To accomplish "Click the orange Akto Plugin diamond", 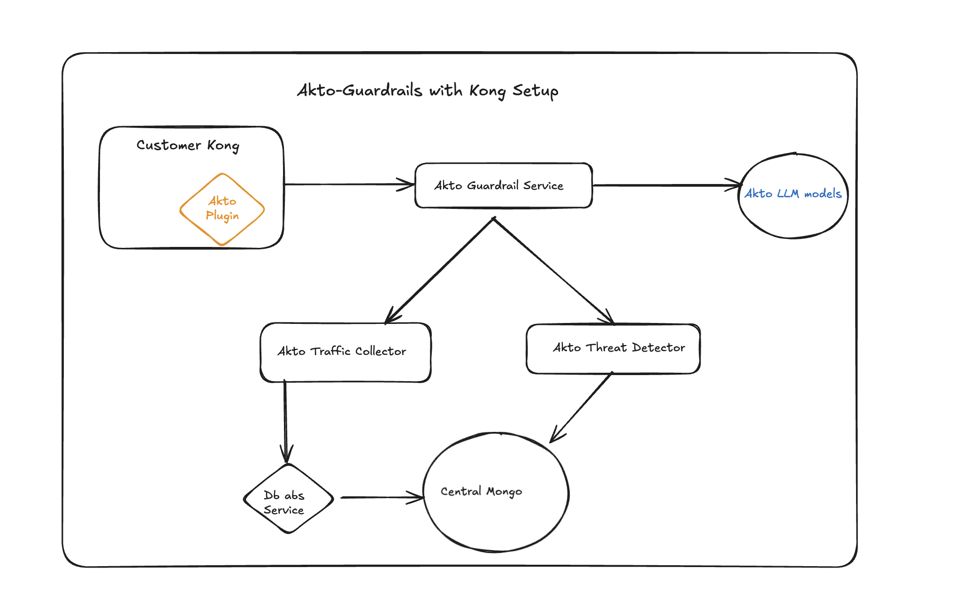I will click(222, 209).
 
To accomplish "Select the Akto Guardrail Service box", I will click(503, 185).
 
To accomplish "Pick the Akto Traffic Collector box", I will click(345, 352).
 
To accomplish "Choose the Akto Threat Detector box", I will click(613, 348).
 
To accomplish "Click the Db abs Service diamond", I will click(288, 499).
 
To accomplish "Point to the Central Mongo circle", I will click(496, 492).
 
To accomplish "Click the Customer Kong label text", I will click(188, 145).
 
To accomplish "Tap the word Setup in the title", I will click(535, 91).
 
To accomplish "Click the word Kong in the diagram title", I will click(487, 91).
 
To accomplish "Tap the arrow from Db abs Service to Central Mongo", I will click(380, 497).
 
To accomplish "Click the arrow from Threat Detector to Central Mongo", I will click(582, 407).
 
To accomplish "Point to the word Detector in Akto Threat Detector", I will click(658, 348).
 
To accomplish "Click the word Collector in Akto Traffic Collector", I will click(380, 352).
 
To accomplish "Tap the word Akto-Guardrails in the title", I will click(359, 90).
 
